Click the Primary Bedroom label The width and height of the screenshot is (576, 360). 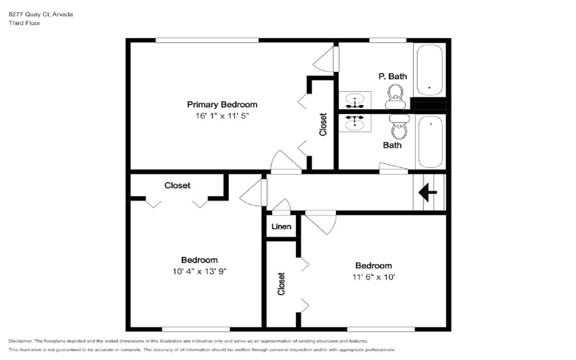pyautogui.click(x=222, y=105)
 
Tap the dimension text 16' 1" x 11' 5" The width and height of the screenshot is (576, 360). pyautogui.click(x=222, y=116)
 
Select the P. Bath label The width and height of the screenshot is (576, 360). pyautogui.click(x=393, y=76)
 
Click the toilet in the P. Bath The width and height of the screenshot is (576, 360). pyautogui.click(x=396, y=96)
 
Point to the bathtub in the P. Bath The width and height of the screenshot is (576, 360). pyautogui.click(x=429, y=70)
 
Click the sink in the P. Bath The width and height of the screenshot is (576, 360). pyautogui.click(x=355, y=100)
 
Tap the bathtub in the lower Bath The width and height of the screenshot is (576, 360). pyautogui.click(x=430, y=142)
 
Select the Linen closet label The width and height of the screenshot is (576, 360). pyautogui.click(x=281, y=227)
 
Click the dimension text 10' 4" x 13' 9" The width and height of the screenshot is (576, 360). pyautogui.click(x=200, y=272)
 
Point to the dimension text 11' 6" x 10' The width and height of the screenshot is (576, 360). pyautogui.click(x=373, y=277)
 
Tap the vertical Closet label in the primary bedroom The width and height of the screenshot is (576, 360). pyautogui.click(x=323, y=124)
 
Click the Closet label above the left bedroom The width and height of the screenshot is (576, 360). pyautogui.click(x=177, y=186)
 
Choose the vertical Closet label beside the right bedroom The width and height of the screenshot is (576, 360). pyautogui.click(x=281, y=283)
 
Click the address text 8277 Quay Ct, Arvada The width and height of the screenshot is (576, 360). pyautogui.click(x=40, y=14)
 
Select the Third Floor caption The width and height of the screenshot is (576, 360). pyautogui.click(x=24, y=23)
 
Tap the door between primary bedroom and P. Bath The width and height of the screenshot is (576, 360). pyautogui.click(x=326, y=59)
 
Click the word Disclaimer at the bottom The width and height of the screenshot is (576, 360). pyautogui.click(x=21, y=341)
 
